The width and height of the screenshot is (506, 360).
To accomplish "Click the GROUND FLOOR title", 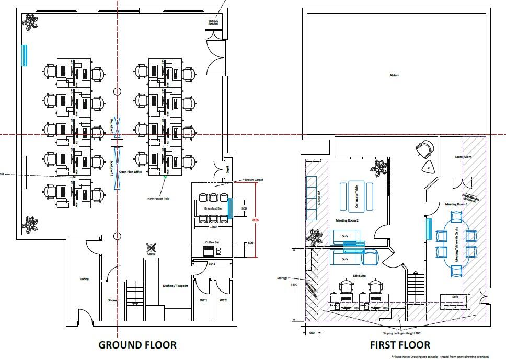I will [x=137, y=345].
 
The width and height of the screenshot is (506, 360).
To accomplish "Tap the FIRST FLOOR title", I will [x=400, y=345].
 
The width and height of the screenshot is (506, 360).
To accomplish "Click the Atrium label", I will [x=394, y=75].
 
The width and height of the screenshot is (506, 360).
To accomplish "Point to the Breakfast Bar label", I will [x=213, y=208].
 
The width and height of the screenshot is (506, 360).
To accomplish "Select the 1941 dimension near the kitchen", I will [x=212, y=264].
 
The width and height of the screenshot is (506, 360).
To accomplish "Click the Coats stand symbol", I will [x=152, y=248].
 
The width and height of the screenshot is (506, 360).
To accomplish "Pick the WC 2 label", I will [x=223, y=300].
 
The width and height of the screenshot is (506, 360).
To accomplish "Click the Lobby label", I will [x=85, y=279].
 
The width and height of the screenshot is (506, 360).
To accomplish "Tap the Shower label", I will [x=113, y=300].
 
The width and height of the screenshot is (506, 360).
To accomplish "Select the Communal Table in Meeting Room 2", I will [x=356, y=196].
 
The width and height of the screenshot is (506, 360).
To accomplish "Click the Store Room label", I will [x=463, y=157].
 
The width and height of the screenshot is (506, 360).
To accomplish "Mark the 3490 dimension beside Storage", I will [x=294, y=285].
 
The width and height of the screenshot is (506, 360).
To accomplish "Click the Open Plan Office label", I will [x=131, y=172].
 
